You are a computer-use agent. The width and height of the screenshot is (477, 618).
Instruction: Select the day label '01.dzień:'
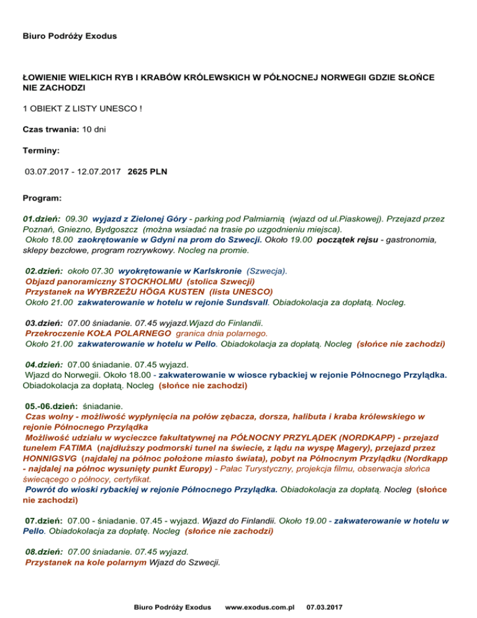point(42,219)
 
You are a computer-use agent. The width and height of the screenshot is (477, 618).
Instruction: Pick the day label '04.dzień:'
point(43,364)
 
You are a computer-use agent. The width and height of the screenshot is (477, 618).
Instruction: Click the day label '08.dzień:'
point(43,534)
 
